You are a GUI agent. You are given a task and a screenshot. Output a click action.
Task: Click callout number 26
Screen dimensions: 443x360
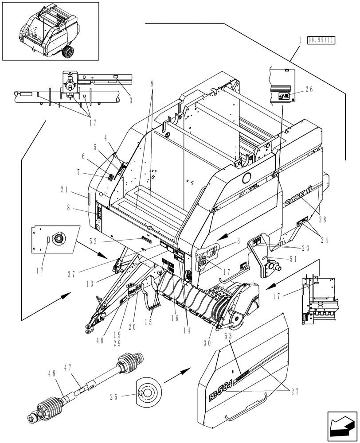point(309,89)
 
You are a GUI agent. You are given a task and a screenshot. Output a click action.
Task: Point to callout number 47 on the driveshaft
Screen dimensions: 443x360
point(68,368)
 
